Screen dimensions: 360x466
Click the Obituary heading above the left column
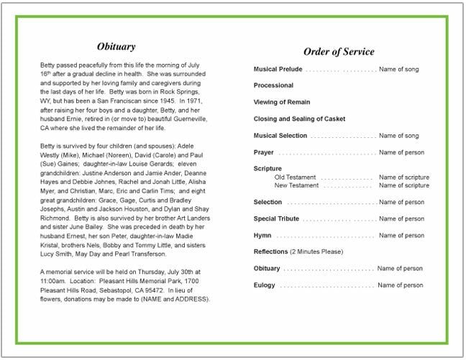pyautogui.click(x=116, y=47)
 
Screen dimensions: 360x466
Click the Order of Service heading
pyautogui.click(x=338, y=52)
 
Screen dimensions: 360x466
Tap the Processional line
pyautogui.click(x=273, y=86)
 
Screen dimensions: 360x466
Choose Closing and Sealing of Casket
pyautogui.click(x=298, y=119)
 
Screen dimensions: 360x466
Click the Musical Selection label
pyautogui.click(x=280, y=135)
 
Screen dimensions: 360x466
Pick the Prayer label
pyautogui.click(x=264, y=152)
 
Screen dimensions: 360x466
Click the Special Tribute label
pyautogui.click(x=277, y=218)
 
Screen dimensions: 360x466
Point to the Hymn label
pyautogui.click(x=262, y=235)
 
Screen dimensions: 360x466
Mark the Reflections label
pyautogui.click(x=271, y=251)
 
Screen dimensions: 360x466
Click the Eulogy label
pyautogui.click(x=265, y=285)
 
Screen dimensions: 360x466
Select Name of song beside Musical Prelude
pyautogui.click(x=398, y=70)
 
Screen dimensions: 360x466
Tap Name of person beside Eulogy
pyautogui.click(x=401, y=285)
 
